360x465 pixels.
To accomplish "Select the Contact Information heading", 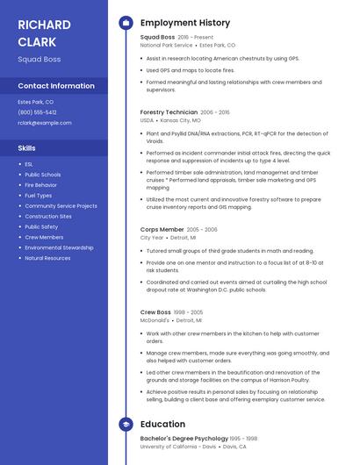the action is coord(56,86).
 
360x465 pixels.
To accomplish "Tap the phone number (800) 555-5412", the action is coord(37,112).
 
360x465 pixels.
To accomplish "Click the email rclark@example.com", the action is coord(45,123).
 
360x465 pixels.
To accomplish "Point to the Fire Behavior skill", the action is coord(41,185).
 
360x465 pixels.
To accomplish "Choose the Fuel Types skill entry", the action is coord(39,196).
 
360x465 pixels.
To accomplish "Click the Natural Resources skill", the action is coord(47,258).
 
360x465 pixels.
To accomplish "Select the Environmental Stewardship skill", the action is coord(59,247).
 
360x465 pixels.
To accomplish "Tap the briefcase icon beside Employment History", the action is coord(126,23).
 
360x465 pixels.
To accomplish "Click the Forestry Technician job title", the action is coord(169,112).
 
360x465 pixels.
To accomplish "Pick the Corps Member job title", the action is coord(162,229).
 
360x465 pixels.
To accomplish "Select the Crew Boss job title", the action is coord(155,312).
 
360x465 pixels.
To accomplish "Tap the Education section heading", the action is coord(162,425).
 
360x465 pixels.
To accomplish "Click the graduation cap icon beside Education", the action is coord(126,425).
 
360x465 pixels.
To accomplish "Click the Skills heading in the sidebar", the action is coord(27,148).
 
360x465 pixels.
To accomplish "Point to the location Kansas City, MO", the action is coord(180,120).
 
